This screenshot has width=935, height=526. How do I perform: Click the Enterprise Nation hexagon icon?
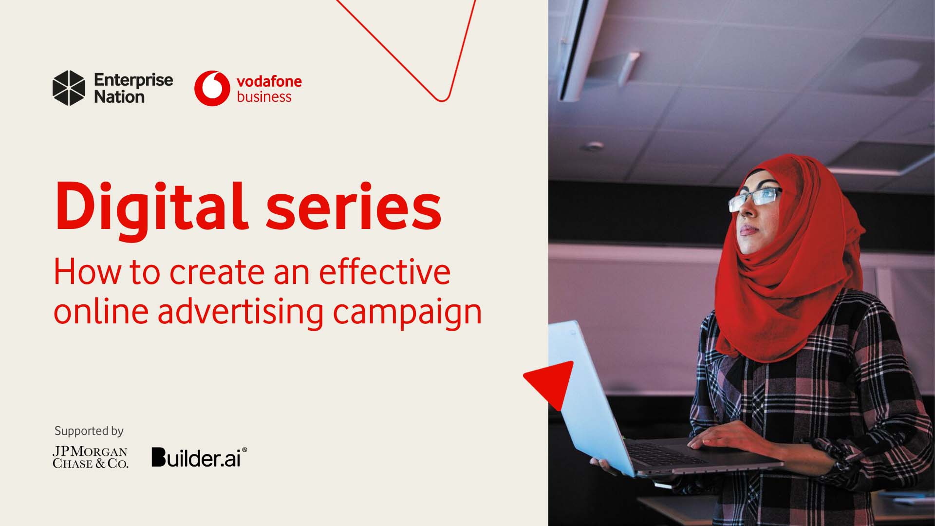(69, 88)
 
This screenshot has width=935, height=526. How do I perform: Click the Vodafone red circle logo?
(212, 88)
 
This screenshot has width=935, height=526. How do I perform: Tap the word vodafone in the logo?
(269, 81)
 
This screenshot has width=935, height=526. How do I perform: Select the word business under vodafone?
(264, 97)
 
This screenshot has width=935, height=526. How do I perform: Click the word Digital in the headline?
(149, 207)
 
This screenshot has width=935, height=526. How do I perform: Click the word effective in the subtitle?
(384, 272)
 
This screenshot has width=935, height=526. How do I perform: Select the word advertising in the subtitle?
(240, 312)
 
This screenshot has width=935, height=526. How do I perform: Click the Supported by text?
(89, 431)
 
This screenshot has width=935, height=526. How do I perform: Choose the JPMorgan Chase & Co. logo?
(90, 458)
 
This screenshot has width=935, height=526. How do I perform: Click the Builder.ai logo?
(196, 458)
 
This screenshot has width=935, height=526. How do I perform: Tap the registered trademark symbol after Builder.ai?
(244, 451)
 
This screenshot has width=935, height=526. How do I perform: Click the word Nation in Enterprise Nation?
(119, 97)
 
